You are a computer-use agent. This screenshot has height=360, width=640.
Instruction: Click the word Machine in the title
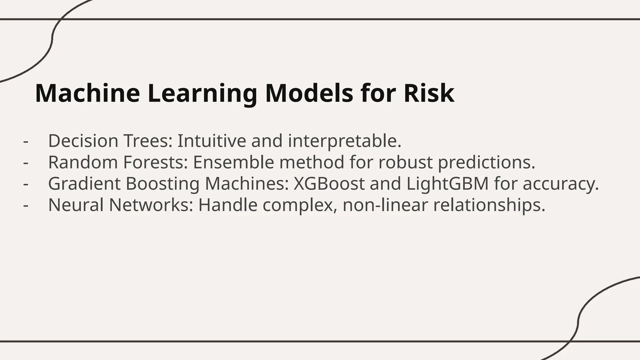click(x=87, y=93)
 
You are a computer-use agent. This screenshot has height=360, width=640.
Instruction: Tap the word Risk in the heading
click(x=429, y=93)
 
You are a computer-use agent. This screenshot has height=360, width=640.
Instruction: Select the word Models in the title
click(x=309, y=93)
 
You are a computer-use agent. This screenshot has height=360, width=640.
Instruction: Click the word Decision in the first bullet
click(x=83, y=141)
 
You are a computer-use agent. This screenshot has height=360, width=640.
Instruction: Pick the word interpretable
click(x=344, y=141)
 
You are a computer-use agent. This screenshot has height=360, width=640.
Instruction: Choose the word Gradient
click(x=84, y=183)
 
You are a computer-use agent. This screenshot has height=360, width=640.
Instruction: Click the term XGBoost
click(x=329, y=183)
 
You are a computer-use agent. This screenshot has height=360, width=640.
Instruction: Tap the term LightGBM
click(x=447, y=184)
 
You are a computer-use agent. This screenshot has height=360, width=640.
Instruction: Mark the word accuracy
click(x=561, y=184)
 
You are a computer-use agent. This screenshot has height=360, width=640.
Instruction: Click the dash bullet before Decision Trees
click(x=26, y=141)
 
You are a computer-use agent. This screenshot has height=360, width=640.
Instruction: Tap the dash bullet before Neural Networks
click(x=26, y=206)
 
